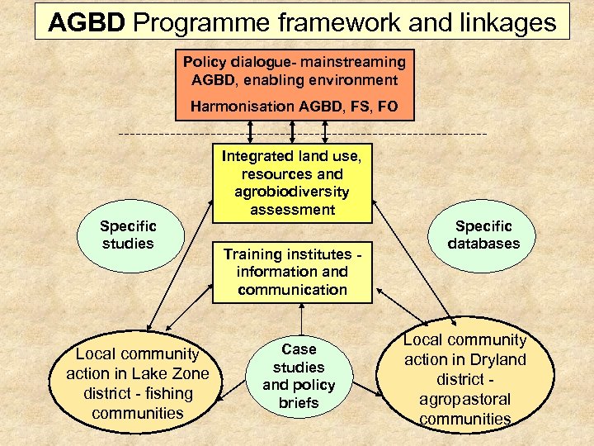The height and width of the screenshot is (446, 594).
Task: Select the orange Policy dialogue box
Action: [294, 83]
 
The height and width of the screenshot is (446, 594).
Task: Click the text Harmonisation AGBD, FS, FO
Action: [294, 107]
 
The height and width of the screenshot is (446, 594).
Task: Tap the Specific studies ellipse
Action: [128, 234]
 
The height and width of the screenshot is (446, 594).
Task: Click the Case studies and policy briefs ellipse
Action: [299, 376]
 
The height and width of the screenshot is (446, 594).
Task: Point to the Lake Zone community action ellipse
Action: [138, 383]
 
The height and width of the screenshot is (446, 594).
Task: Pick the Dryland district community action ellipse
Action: [464, 379]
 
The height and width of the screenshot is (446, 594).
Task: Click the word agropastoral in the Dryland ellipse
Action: [464, 399]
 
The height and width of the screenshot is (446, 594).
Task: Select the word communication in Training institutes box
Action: [293, 290]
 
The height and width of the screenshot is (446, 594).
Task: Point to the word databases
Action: [483, 244]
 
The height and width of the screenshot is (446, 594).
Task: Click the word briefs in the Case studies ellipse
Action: [299, 403]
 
